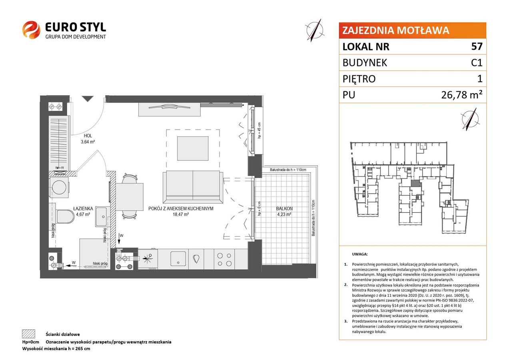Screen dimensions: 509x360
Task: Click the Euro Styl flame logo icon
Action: click(x=31, y=30)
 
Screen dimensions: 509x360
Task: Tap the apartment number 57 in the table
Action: click(x=477, y=46)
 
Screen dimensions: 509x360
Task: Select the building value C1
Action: click(x=477, y=62)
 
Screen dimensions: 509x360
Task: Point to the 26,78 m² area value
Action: click(x=461, y=94)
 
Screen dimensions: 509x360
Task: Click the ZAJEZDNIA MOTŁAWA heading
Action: click(x=395, y=30)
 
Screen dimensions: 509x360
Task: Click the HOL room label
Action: click(x=88, y=136)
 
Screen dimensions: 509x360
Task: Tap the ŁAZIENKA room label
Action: click(x=83, y=208)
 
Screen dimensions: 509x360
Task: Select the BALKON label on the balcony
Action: click(x=284, y=208)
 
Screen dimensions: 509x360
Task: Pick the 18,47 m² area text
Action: click(x=181, y=214)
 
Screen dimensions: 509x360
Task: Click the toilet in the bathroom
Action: click(x=65, y=216)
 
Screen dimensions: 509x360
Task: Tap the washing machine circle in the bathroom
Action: click(x=59, y=188)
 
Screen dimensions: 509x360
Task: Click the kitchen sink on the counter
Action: click(x=178, y=258)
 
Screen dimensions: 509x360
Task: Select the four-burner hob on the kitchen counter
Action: click(x=224, y=259)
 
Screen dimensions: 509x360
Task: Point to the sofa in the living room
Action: click(x=193, y=187)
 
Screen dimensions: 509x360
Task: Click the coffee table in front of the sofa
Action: click(x=193, y=148)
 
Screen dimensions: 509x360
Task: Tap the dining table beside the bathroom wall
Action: click(x=130, y=197)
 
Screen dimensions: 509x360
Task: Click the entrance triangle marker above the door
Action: click(x=88, y=99)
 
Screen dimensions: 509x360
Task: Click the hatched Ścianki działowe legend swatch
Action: click(x=29, y=334)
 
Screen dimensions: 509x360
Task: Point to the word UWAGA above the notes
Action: click(x=360, y=254)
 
